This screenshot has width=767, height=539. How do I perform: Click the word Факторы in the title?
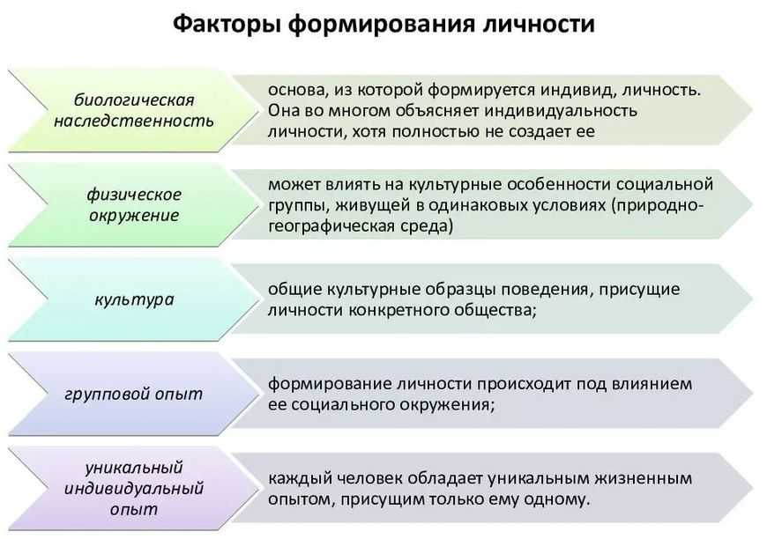(x=225, y=24)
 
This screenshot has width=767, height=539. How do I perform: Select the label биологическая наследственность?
(x=133, y=110)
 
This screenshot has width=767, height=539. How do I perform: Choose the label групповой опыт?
(x=133, y=394)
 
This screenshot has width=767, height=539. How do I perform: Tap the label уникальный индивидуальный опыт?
(x=133, y=487)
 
